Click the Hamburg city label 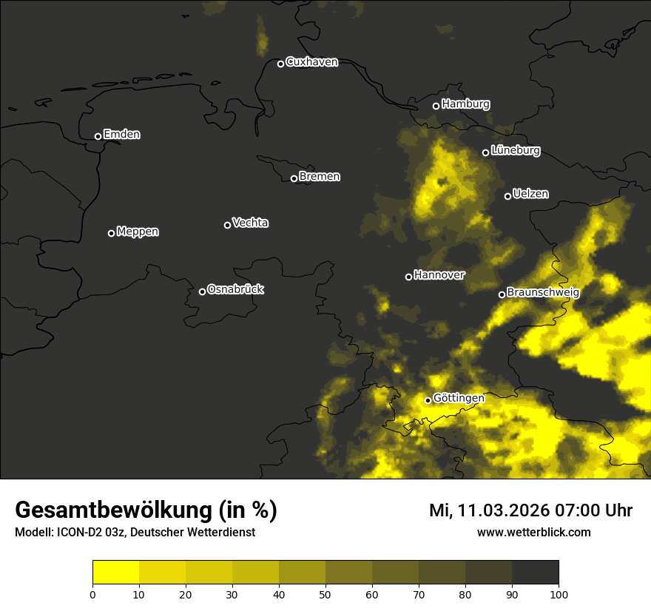465,104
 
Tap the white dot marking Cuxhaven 280,64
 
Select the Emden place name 121,135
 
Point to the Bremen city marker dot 294,178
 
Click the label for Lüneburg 515,151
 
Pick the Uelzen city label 530,194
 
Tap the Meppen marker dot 111,233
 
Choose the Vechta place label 250,223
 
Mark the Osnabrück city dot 202,291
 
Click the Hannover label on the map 439,275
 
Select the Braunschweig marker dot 502,294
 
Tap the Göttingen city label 459,398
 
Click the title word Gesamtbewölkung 115,510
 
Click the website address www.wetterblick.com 534,532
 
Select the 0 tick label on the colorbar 92,593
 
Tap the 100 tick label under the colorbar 559,593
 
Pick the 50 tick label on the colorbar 325,593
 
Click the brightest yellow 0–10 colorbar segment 115,573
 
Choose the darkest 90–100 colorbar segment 535,573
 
